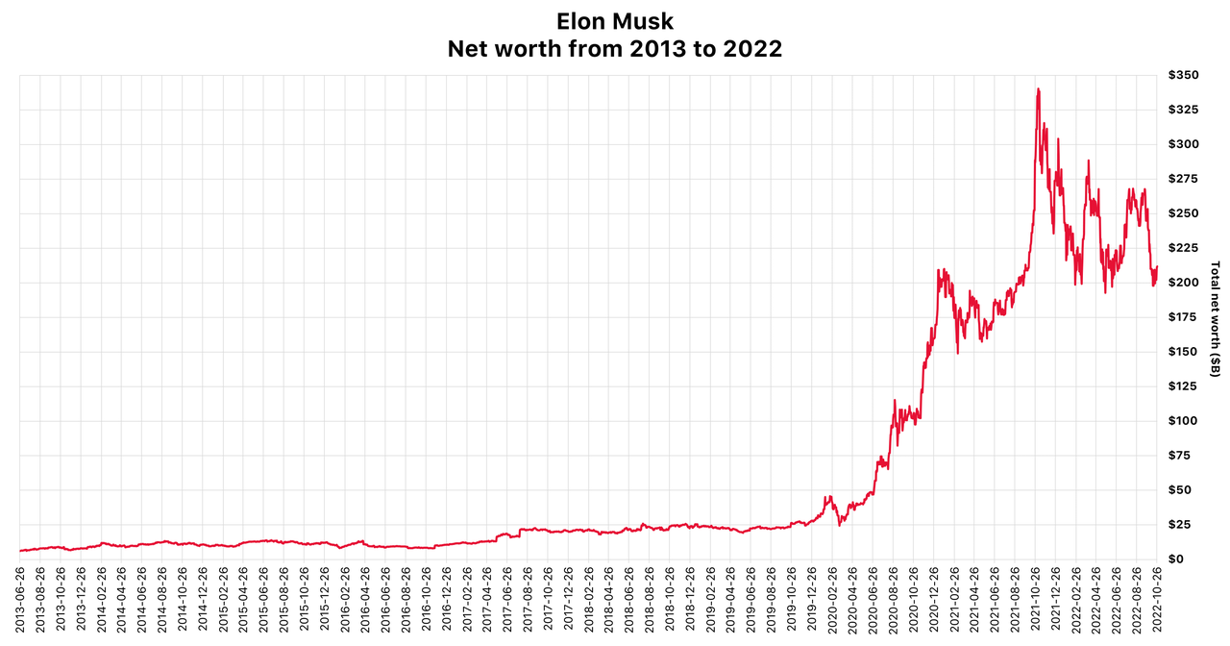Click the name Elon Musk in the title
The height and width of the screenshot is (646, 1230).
point(614,20)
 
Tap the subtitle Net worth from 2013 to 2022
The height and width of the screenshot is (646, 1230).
point(614,49)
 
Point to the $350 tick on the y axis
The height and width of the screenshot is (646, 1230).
point(1184,76)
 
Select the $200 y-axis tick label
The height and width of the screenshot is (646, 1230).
point(1184,283)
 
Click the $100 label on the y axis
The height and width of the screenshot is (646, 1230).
point(1184,421)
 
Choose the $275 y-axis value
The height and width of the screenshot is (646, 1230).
point(1184,179)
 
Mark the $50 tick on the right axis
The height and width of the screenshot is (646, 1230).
point(1181,490)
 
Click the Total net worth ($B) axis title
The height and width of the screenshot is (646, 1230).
point(1216,317)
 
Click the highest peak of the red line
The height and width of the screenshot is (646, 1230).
point(1038,89)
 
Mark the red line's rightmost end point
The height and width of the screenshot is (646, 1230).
point(1157,267)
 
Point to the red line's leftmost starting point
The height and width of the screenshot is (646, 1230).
point(20,551)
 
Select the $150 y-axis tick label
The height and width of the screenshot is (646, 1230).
point(1184,352)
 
